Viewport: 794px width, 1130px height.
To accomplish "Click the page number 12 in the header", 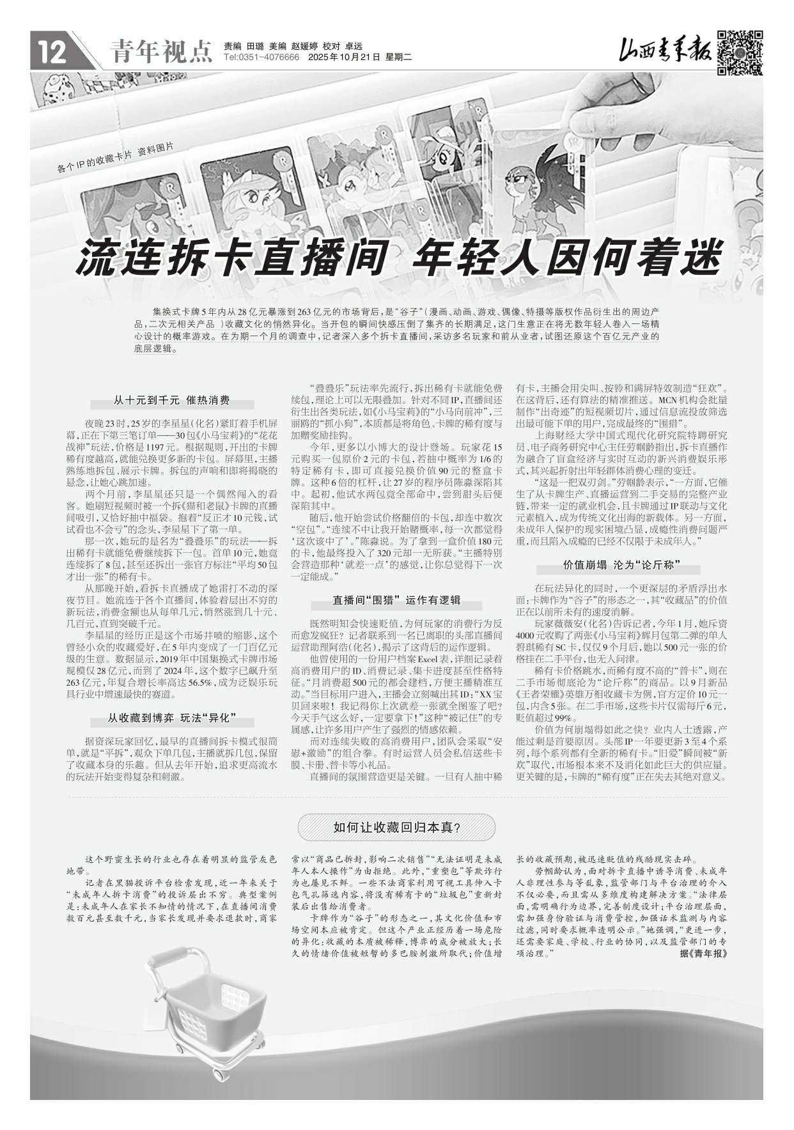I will click(52, 52).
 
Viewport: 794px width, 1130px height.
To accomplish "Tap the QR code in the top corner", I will click(740, 52).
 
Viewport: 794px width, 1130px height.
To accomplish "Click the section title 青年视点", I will click(160, 52).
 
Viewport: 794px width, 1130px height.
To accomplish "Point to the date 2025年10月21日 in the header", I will click(343, 58).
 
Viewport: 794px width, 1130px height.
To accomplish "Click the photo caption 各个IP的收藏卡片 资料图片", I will click(115, 158).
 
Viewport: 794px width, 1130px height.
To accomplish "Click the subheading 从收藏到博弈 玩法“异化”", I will click(172, 719).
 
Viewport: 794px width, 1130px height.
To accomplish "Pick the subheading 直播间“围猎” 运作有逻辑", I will click(396, 600).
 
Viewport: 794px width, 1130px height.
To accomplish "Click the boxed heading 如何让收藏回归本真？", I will click(396, 827).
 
